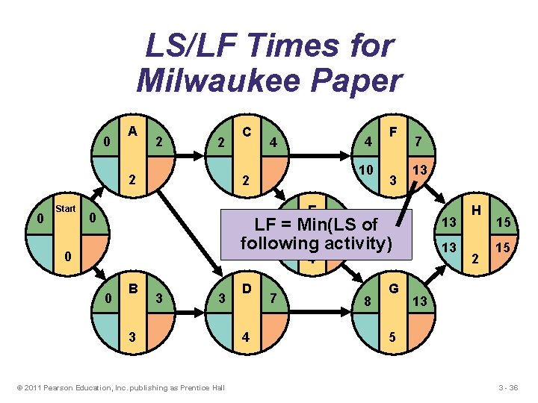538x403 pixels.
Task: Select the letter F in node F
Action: tap(392, 131)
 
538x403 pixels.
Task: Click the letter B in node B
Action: tap(132, 287)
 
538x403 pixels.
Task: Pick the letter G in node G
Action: tap(392, 287)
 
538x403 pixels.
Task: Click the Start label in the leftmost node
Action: tap(66, 209)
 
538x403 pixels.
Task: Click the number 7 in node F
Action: tap(419, 142)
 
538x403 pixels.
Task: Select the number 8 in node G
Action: tap(367, 301)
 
